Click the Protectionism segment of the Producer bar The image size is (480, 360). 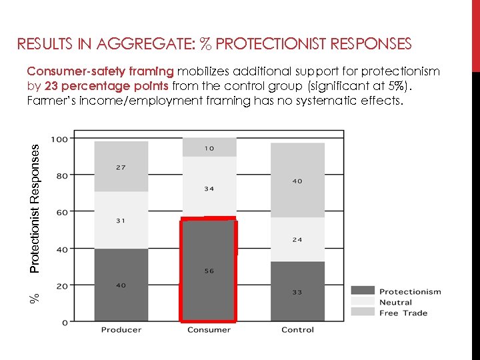(x=121, y=285)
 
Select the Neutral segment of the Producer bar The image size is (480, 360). (x=121, y=221)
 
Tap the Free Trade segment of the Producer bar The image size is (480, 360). (x=121, y=167)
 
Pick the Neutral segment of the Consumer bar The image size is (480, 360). (x=209, y=188)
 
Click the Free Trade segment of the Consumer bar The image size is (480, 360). (x=209, y=147)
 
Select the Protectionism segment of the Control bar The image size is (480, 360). (x=297, y=291)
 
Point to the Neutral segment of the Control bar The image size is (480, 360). (x=297, y=239)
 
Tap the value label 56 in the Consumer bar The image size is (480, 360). (x=209, y=271)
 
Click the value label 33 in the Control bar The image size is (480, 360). (x=297, y=291)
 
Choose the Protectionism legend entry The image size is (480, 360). (x=409, y=291)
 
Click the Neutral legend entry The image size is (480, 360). (x=395, y=302)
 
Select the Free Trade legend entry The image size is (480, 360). (x=403, y=313)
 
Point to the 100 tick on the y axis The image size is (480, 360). (x=59, y=139)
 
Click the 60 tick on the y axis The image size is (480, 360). (x=61, y=213)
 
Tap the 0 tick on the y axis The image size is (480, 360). (x=64, y=323)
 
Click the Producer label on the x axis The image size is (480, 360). (x=121, y=330)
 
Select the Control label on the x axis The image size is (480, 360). (x=297, y=330)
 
